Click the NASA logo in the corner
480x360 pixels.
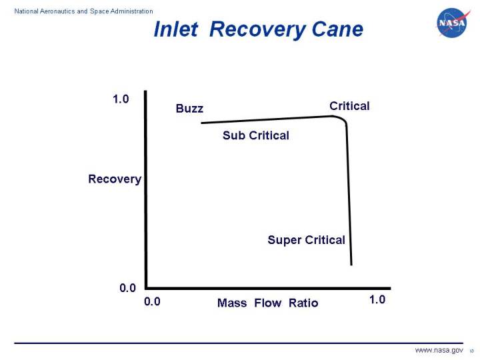[453, 23]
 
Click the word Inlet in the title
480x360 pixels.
[175, 30]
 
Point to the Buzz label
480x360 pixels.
[189, 109]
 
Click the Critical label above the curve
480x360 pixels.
[349, 106]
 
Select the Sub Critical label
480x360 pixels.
[255, 136]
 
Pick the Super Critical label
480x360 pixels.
[306, 240]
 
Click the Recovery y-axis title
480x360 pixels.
[115, 179]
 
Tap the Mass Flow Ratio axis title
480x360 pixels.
[267, 303]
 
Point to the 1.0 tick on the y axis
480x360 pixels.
[120, 99]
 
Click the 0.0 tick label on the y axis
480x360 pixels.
[127, 288]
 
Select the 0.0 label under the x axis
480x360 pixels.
[152, 301]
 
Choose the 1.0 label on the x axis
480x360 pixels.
[377, 300]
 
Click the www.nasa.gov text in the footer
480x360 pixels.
[439, 350]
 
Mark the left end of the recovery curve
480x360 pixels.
[202, 123]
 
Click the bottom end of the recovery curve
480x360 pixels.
[351, 264]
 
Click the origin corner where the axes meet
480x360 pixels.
[145, 288]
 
